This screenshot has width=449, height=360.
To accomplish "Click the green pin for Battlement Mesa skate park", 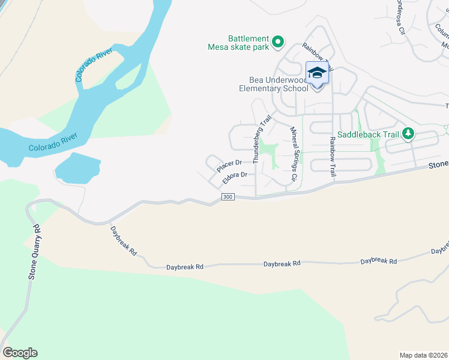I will [277, 41].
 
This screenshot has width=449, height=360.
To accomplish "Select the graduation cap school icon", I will [317, 74].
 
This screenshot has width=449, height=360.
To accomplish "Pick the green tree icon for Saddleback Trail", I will [408, 133].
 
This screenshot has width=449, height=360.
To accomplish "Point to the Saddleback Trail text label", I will [369, 134].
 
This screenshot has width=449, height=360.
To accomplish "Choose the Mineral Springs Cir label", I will [294, 154].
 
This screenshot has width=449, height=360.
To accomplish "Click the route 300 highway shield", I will [227, 197].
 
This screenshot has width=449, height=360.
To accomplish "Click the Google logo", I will [20, 353].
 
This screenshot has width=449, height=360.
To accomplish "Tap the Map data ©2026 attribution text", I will [423, 355].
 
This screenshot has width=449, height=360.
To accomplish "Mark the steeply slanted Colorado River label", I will [94, 64].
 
